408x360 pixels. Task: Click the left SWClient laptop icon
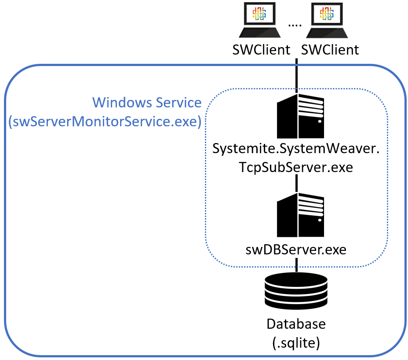(259, 21)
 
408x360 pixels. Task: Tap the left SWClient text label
(261, 50)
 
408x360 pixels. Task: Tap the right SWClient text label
(330, 50)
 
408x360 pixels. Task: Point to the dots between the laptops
(295, 26)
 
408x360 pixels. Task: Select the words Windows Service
(147, 103)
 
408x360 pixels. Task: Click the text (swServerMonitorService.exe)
(105, 121)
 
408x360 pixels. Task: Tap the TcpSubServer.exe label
(295, 167)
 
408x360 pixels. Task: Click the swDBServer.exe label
(296, 250)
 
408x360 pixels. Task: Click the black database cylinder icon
(296, 291)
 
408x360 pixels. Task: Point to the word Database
(296, 324)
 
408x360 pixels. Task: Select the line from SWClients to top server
(297, 75)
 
